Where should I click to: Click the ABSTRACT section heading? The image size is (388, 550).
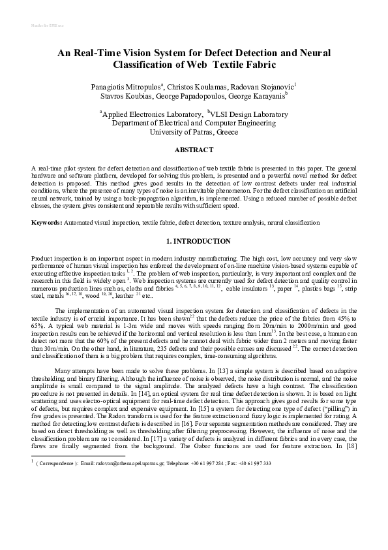194,149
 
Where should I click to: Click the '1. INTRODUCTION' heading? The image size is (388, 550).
194,241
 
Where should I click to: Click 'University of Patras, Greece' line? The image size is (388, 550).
194,131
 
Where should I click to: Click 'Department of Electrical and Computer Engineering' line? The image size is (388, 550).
194,122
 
